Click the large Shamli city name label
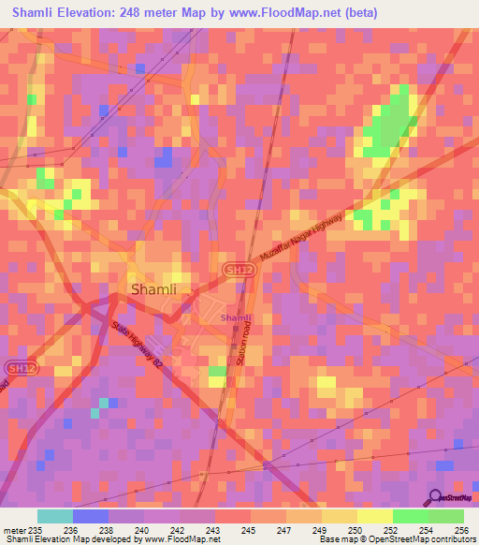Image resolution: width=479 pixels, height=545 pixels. (x=153, y=290)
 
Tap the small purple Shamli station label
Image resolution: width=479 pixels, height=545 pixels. (x=235, y=318)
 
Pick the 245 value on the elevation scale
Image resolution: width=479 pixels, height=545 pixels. (x=250, y=529)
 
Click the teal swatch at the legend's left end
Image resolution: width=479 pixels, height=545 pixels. (x=55, y=516)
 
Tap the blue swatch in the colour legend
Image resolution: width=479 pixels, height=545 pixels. (x=91, y=516)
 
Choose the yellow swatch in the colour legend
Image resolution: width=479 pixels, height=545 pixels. (x=374, y=516)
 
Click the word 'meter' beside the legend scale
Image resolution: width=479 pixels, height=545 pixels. (x=16, y=529)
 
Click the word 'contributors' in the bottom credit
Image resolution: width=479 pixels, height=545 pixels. (x=453, y=540)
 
